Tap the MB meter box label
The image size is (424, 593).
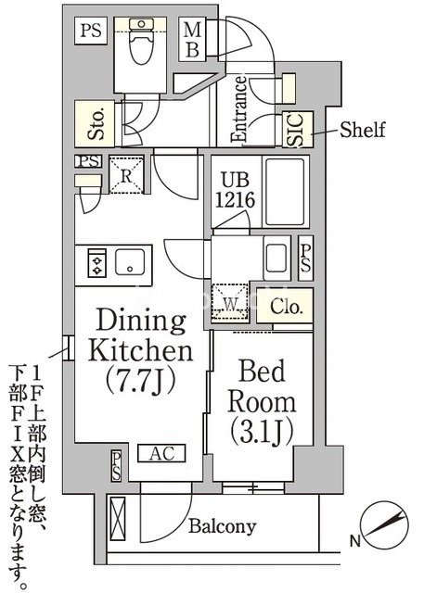pos(193,40)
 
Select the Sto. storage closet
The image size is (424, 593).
pos(95,123)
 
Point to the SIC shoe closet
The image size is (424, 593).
pos(298,130)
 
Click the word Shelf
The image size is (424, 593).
pos(362,130)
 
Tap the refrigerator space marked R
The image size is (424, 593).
pos(126,175)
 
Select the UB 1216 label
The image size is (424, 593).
pos(235,190)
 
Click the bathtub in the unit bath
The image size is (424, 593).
pos(285,192)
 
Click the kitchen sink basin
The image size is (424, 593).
pos(130,261)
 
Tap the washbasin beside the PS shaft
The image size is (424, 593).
pos(276,258)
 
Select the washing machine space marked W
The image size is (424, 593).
pos(230,303)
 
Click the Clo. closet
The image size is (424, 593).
pos(285,306)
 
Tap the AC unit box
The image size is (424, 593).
pos(161,453)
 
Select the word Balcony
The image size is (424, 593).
pos(223,526)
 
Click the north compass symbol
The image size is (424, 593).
pos(385,525)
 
